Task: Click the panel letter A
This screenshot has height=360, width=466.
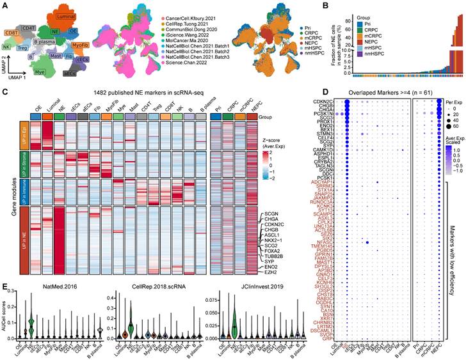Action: (x=4, y=5)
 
